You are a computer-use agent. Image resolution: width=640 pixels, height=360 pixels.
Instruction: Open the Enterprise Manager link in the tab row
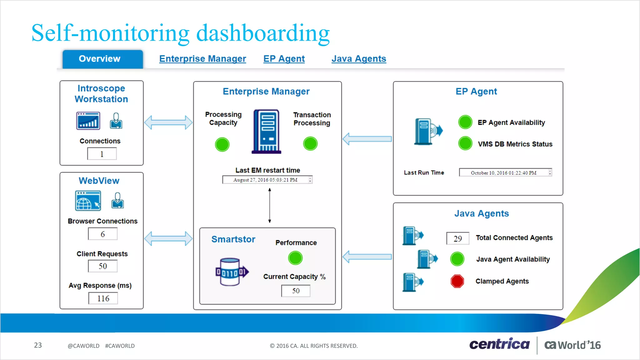[202, 59]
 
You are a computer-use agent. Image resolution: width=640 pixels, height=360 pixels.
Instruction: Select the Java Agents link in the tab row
[359, 59]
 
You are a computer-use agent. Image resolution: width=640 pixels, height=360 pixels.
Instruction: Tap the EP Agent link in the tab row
[284, 59]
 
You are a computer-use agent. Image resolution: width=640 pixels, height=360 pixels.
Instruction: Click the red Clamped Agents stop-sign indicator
[457, 281]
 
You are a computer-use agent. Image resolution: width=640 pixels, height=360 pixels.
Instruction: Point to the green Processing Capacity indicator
[222, 144]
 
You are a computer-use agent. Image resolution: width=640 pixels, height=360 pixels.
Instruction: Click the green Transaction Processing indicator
[310, 144]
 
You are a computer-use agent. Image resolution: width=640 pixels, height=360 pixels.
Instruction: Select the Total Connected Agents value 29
[458, 238]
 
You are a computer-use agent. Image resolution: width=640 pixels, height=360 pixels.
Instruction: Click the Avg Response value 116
[103, 298]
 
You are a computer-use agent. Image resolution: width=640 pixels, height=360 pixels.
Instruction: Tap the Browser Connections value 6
[103, 234]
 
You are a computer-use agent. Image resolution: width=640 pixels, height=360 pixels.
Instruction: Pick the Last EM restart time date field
[267, 180]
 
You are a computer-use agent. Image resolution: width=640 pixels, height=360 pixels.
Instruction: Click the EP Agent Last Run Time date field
[505, 173]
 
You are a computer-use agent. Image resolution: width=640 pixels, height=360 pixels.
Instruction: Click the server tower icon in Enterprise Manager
[267, 131]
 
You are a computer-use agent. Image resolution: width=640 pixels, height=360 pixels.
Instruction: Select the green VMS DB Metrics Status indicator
[465, 144]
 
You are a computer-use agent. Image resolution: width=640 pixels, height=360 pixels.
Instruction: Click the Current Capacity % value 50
[296, 291]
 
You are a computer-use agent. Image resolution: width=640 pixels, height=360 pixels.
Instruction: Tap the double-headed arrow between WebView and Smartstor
[168, 239]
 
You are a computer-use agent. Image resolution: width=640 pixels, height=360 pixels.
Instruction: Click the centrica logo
[499, 344]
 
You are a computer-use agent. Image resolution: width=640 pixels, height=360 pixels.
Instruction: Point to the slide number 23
[38, 345]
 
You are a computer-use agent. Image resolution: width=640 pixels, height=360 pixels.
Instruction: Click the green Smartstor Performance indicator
[295, 258]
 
